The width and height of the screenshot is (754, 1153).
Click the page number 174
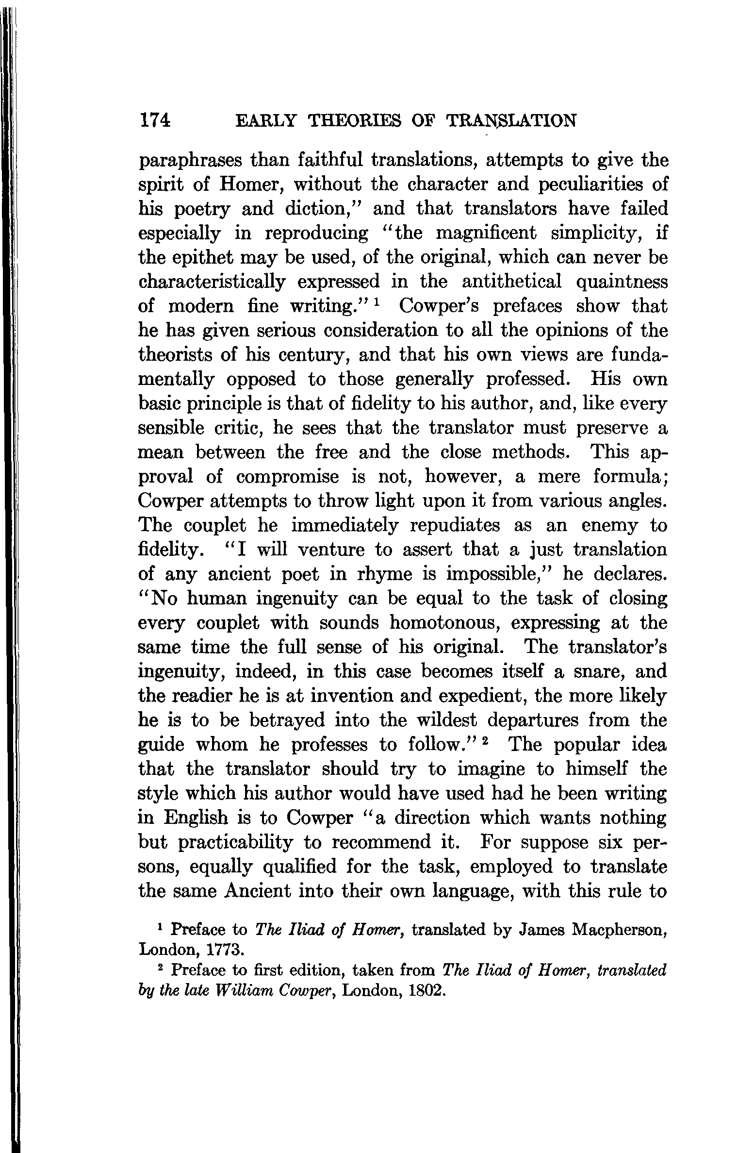coord(154,120)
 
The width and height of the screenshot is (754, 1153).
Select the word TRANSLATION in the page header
coord(511,120)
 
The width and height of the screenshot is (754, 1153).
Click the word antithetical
coord(512,282)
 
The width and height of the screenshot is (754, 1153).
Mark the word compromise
coord(288,477)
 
